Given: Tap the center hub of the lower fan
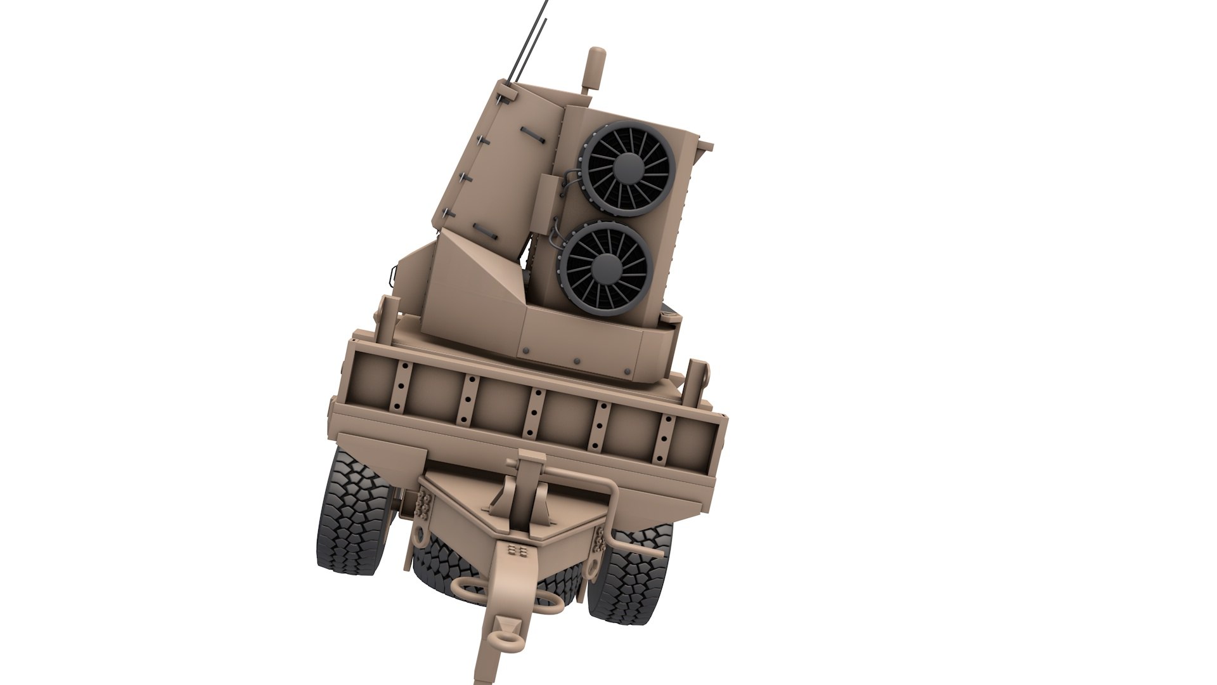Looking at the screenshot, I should coord(607,268).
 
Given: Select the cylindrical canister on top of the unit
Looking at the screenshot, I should coord(595,69).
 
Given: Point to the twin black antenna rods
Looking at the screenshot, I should coord(531,38).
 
